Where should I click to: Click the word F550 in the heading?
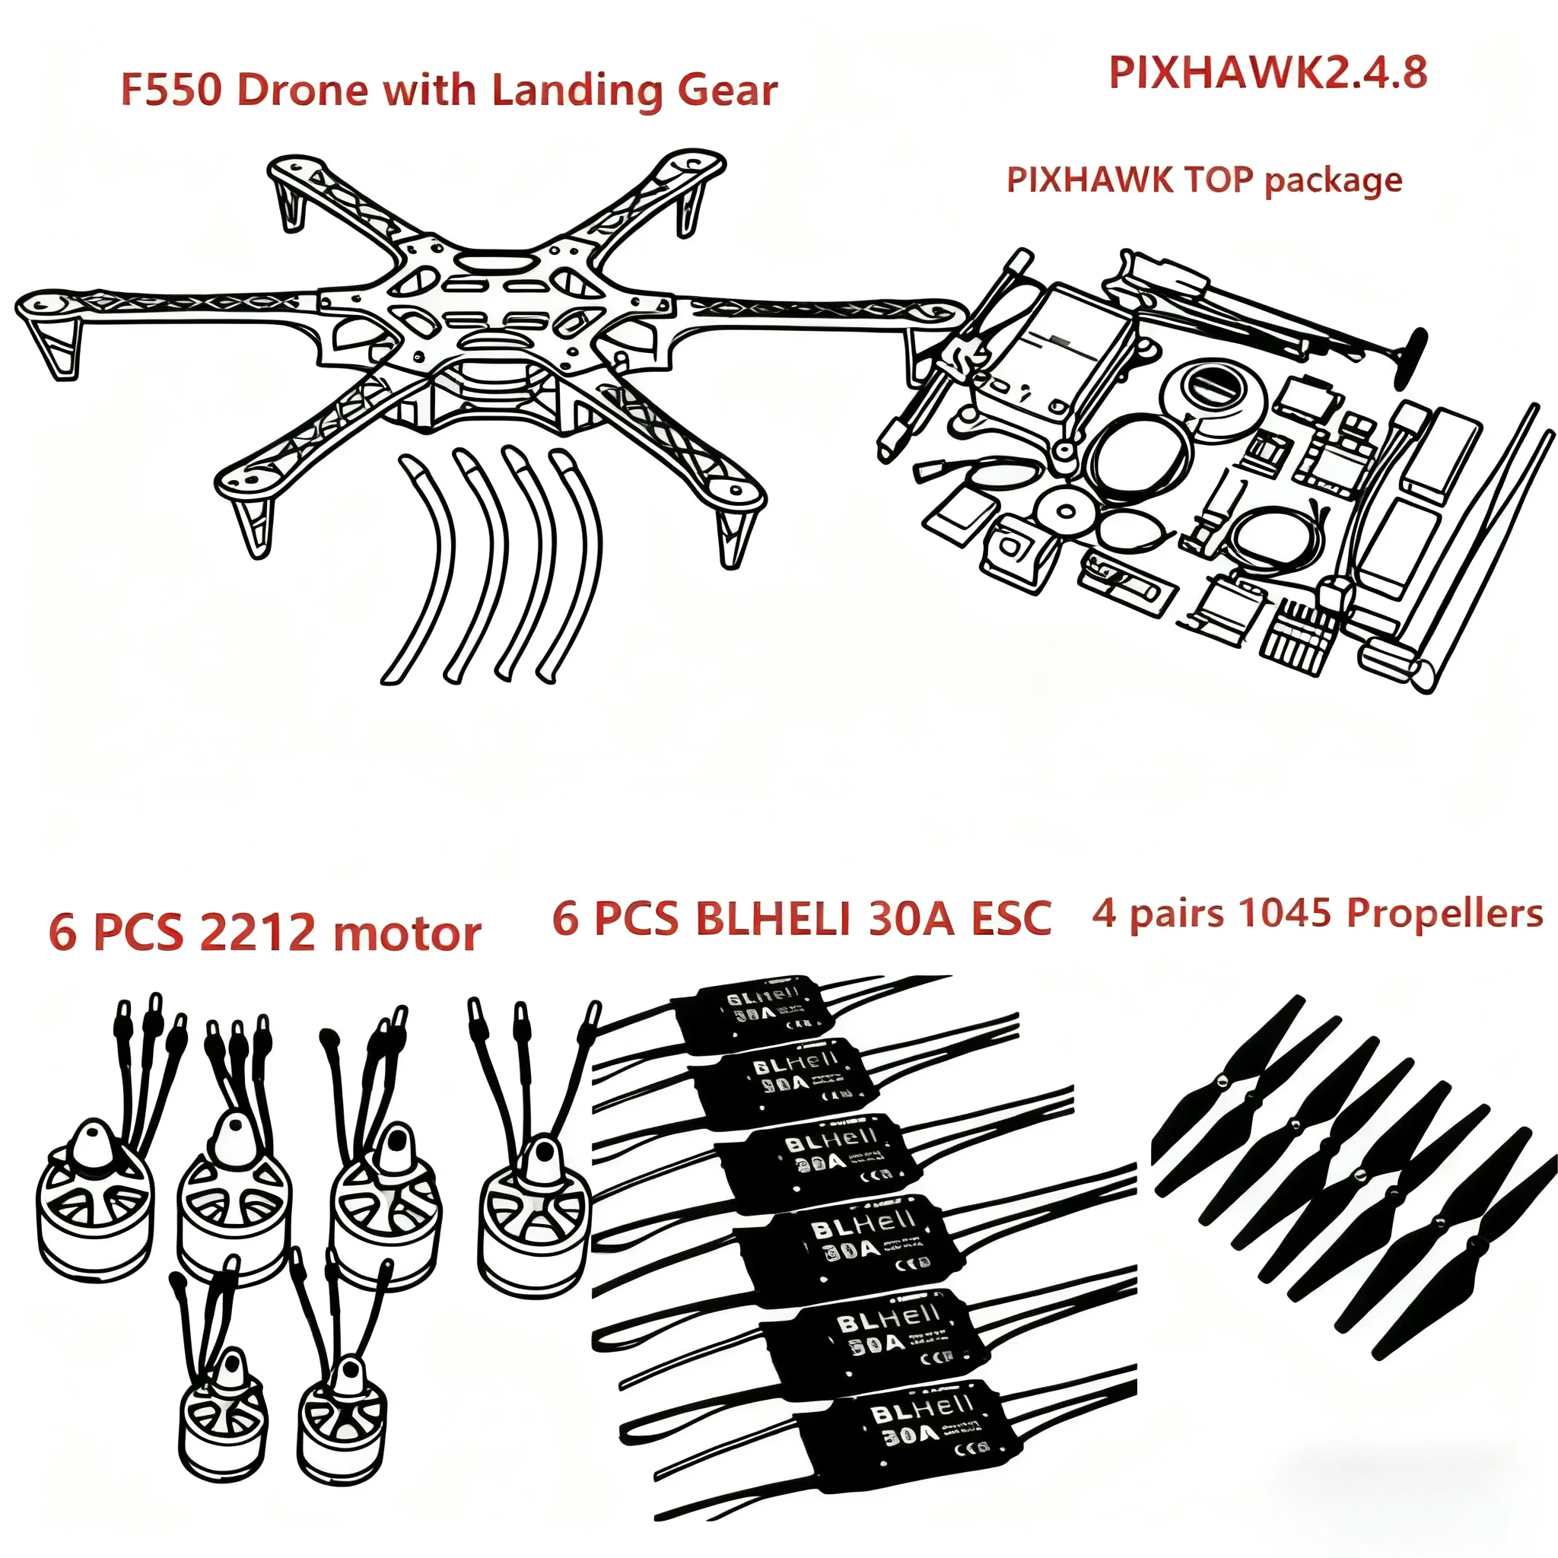coord(170,90)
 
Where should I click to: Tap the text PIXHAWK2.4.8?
coord(1267,72)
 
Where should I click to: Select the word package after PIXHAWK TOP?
coord(1333,180)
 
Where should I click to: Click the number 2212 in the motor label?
coord(257,933)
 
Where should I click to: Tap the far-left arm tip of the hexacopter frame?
coord(44,310)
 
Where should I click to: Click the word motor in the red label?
coord(406,933)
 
